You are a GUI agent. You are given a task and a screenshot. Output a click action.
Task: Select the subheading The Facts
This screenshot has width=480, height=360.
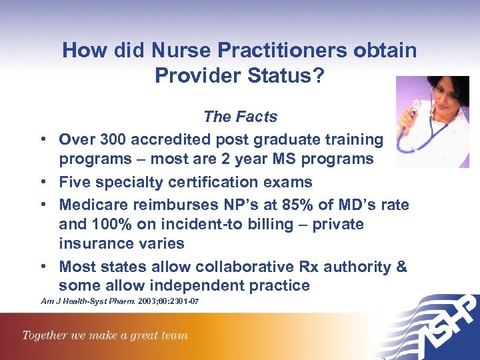(240, 117)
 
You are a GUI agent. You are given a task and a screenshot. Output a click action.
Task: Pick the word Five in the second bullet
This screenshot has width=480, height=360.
(74, 181)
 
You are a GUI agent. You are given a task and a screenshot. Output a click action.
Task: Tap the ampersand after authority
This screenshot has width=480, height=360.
(401, 266)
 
